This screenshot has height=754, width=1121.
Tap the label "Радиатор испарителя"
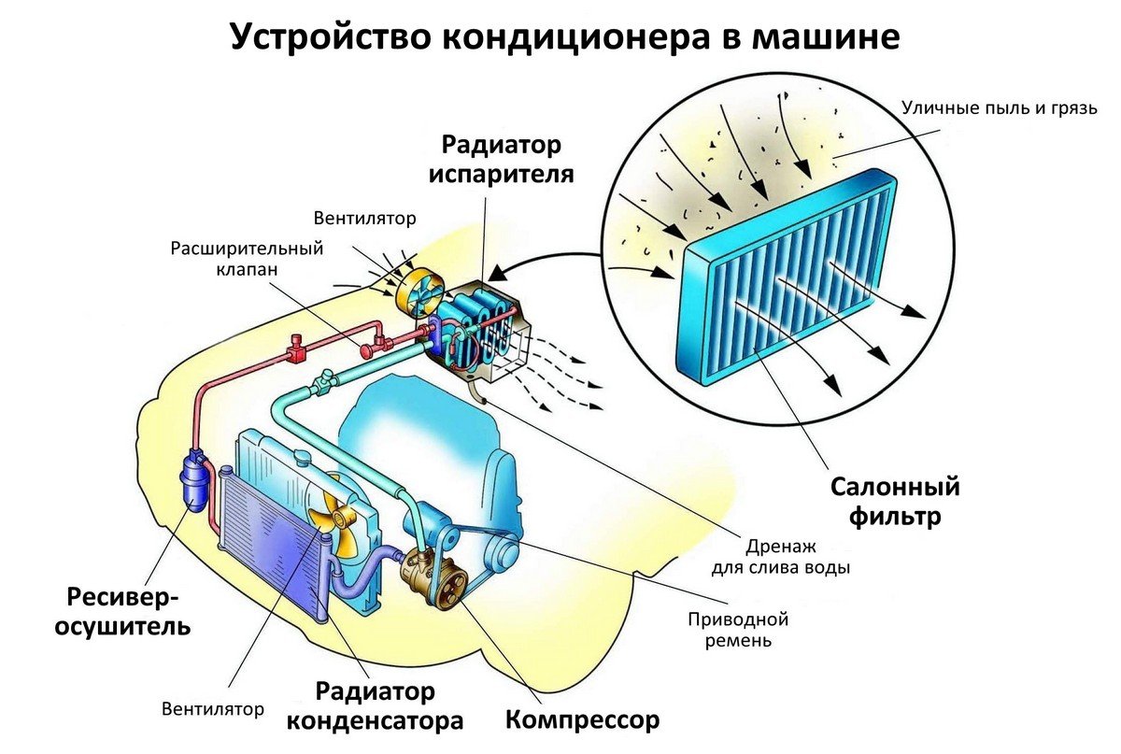coord(502,160)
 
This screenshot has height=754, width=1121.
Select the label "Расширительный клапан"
coord(247,259)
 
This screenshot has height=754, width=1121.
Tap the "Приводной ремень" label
coord(738,630)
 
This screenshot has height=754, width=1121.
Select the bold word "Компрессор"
coord(582,720)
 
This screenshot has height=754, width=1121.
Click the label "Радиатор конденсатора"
coord(375,706)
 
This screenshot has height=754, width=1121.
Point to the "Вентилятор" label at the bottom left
coord(213,708)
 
